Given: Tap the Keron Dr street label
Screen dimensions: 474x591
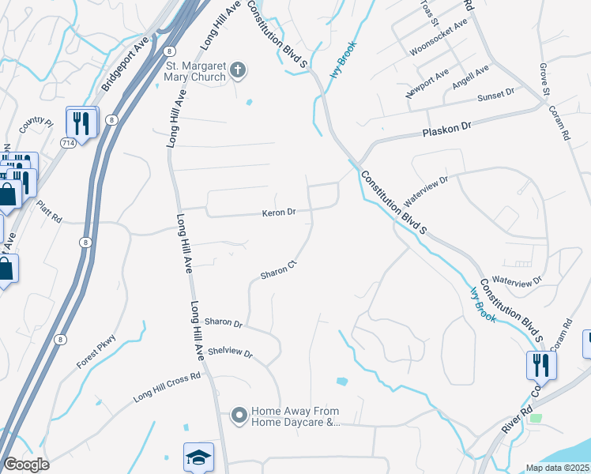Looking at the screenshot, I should click(279, 213).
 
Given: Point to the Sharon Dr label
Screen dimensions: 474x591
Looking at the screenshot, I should click(222, 322).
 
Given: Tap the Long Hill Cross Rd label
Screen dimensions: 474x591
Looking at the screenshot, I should click(167, 384).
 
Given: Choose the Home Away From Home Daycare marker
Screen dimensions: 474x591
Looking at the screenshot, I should click(238, 414).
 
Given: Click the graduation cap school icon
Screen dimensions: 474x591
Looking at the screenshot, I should click(198, 457).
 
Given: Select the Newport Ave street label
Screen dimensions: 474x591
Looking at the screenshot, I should click(427, 82).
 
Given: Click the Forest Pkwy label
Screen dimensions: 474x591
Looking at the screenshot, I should click(96, 351).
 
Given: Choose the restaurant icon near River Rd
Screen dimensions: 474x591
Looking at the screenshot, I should click(541, 365).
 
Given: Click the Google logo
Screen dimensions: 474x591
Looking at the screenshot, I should click(26, 465).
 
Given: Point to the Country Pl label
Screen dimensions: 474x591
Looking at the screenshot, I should click(36, 123).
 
